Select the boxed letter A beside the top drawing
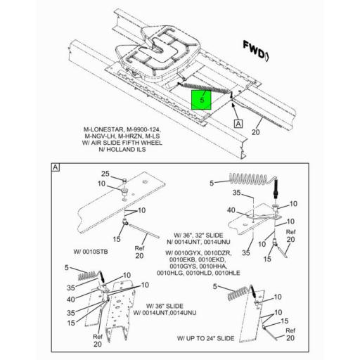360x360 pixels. click(x=238, y=123)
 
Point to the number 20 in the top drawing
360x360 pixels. click(x=256, y=131)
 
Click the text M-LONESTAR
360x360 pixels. click(x=99, y=130)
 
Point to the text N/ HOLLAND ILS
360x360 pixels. click(x=122, y=149)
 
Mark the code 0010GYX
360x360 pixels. click(x=183, y=253)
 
